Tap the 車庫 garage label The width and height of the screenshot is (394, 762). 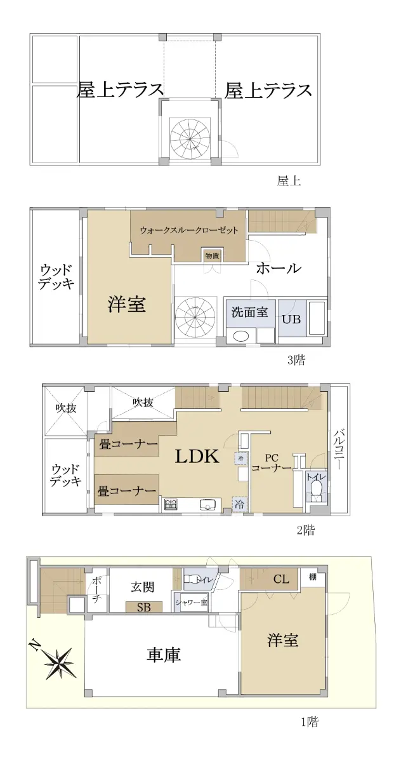coord(163,655)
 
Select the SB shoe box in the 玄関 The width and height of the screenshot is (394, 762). coord(144,607)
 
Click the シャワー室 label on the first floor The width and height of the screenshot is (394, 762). coord(191,603)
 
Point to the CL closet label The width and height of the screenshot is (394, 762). coord(281,578)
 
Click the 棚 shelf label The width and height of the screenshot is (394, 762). coord(312,577)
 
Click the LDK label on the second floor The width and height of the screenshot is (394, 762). coord(197,456)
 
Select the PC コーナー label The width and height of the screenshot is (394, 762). coord(272,463)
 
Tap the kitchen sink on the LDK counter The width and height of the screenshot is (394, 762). coord(207,504)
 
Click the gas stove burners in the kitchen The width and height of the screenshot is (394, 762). coord(171,504)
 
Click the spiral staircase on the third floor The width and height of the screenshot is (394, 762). coord(195,317)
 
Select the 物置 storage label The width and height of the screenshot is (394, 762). coord(212,256)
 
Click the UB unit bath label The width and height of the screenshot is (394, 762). coord(291,319)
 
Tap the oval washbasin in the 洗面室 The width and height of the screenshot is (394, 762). coord(241,337)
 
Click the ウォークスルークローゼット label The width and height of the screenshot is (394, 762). coord(189,230)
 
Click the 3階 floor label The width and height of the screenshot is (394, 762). coord(296,360)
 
